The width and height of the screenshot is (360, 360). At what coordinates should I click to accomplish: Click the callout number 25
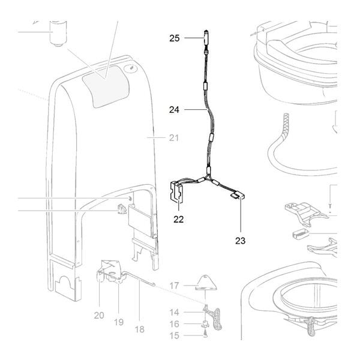(x=174, y=38)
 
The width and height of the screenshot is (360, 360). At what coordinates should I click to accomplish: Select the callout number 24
(x=174, y=110)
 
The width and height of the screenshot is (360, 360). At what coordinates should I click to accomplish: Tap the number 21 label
(x=174, y=138)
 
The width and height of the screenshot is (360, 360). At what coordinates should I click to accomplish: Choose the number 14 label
(x=174, y=312)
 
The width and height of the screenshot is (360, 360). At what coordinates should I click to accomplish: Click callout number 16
(x=174, y=324)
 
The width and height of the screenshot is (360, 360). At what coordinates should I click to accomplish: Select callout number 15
(x=174, y=335)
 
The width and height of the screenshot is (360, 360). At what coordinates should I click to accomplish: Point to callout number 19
(x=119, y=322)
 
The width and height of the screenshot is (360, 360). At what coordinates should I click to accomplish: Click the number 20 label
(x=99, y=314)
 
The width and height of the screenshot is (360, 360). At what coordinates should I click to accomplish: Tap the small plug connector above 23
(x=236, y=194)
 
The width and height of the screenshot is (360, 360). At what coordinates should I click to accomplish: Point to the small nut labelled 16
(x=205, y=325)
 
